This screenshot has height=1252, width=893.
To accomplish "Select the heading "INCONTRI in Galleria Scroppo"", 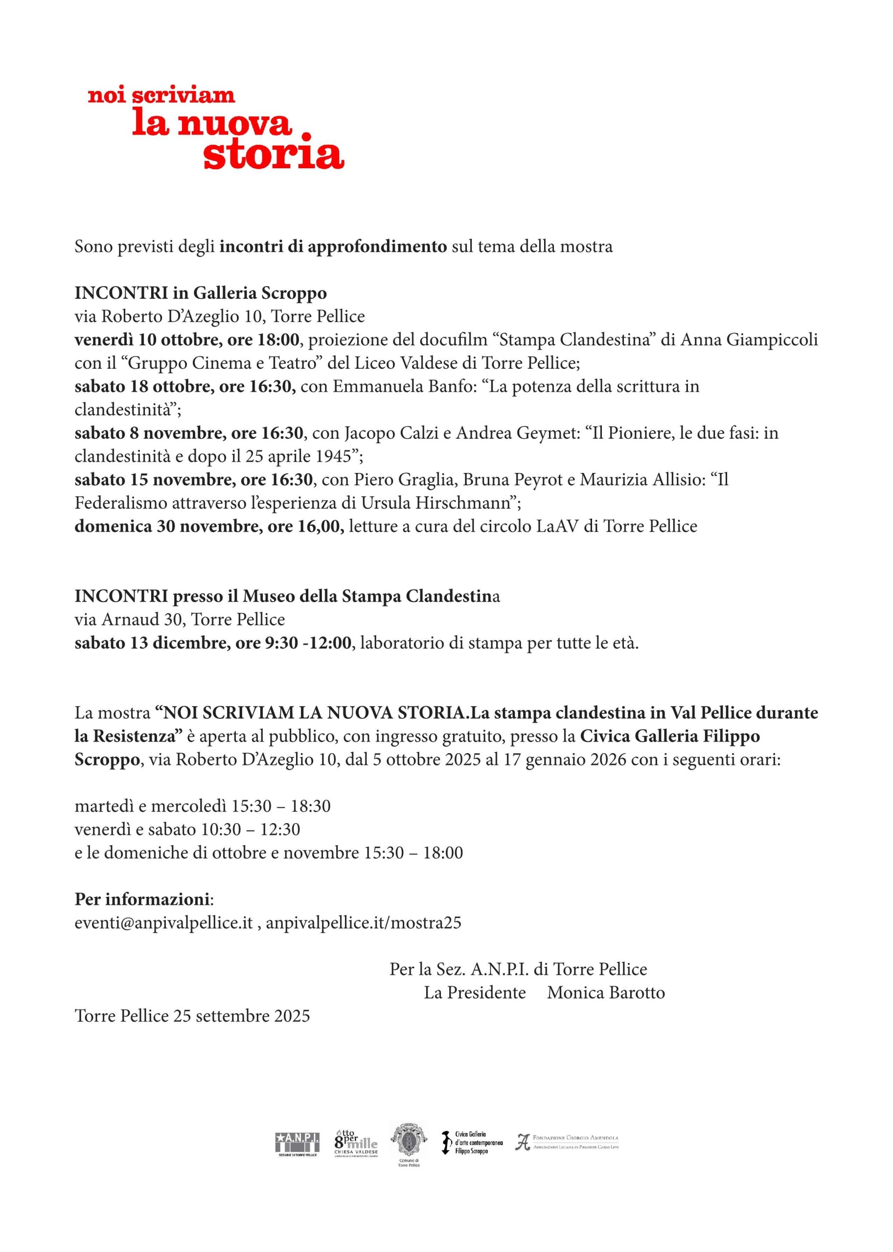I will pos(201,293).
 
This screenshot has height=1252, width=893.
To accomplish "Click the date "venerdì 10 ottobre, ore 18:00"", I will pos(187,340).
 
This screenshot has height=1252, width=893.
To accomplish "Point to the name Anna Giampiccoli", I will pos(749,340).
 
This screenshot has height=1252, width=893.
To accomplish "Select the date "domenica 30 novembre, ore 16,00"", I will pos(209,527).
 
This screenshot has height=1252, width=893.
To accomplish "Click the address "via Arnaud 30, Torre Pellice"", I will pos(180,620).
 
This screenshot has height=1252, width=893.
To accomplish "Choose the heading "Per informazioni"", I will pos(142,900).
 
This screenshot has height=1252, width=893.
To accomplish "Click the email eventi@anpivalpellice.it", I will pos(164,923).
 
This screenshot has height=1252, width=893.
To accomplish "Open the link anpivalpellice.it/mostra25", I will pos(364,923).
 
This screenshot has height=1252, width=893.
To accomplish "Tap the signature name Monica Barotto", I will pos(606,993).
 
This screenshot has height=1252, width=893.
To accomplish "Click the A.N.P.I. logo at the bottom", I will pos(297,1142).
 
